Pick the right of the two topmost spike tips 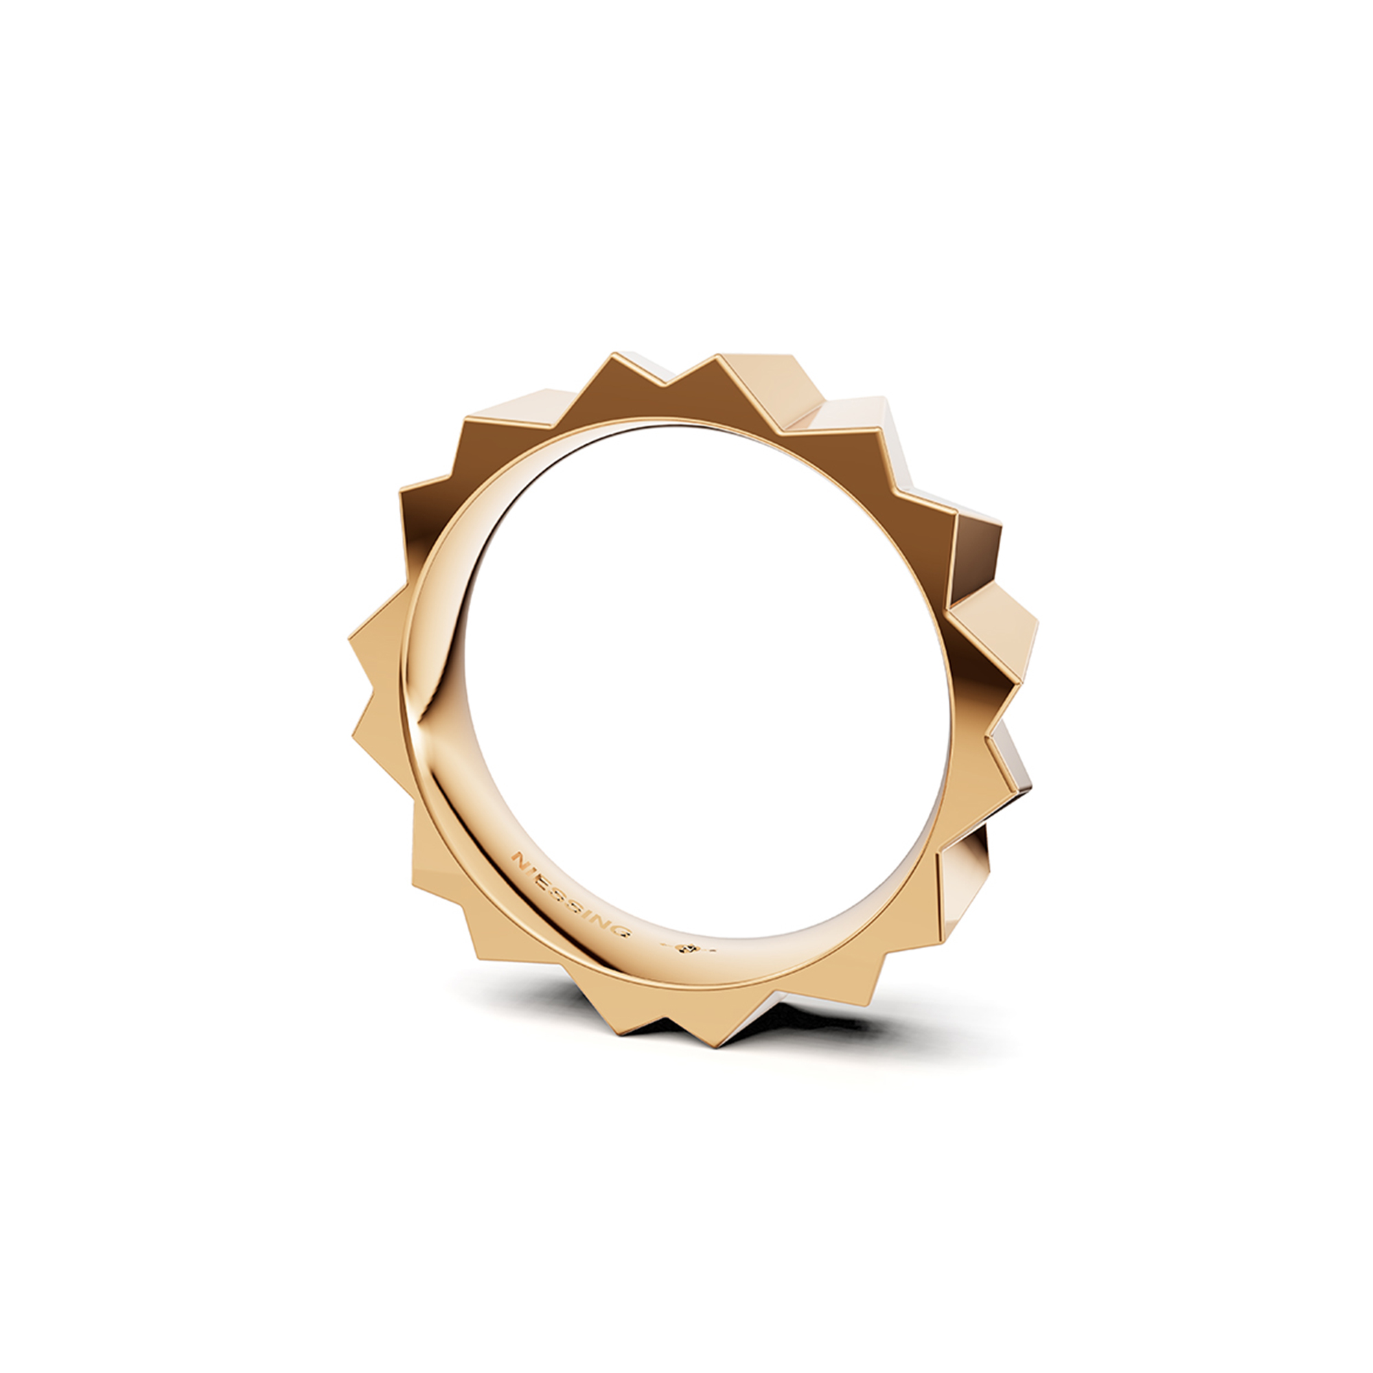coord(719,355)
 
